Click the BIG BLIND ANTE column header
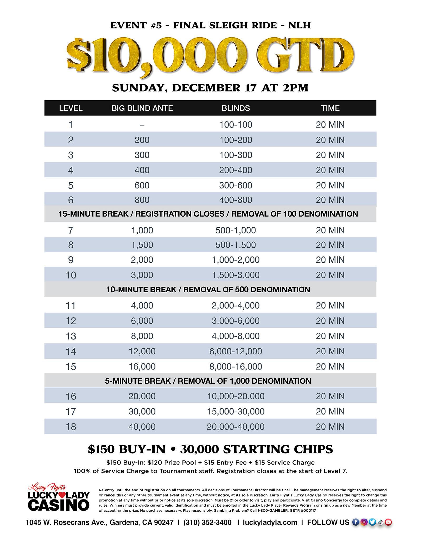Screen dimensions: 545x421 click(142, 108)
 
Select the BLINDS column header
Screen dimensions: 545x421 click(235, 108)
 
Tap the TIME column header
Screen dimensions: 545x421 click(330, 108)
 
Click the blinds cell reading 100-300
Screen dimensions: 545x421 click(235, 155)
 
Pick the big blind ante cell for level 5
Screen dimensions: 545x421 click(142, 185)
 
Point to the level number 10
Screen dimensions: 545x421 click(71, 275)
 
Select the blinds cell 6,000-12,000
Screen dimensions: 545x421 click(235, 351)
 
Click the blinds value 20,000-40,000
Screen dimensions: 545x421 click(235, 427)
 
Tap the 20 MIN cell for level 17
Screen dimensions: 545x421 click(330, 411)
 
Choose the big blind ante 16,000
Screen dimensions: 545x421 click(142, 366)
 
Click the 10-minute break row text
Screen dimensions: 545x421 click(208, 289)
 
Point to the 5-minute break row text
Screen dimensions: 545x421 click(208, 381)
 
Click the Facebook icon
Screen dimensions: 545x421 click(355, 522)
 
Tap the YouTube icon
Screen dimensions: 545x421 click(388, 522)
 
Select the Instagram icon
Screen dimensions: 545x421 click(364, 522)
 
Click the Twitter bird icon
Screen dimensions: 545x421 click(372, 522)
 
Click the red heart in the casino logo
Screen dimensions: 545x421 click(62, 495)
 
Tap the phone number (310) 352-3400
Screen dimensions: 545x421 click(207, 522)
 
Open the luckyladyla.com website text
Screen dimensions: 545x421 click(270, 522)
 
